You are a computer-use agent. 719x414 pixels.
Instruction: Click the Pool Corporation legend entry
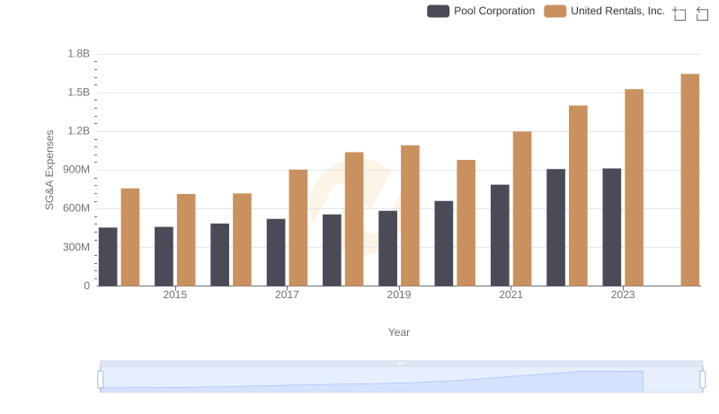point(481,12)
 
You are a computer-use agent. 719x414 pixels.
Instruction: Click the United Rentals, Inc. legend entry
point(605,12)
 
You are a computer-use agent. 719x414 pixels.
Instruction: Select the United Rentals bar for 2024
point(689,180)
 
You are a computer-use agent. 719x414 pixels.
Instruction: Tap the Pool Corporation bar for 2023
point(612,227)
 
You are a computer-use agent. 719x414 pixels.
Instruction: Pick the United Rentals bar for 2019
point(410,216)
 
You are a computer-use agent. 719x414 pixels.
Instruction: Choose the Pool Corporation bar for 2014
point(108,257)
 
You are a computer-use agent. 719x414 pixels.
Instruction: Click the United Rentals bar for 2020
point(466,223)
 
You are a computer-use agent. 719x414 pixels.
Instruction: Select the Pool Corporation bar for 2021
point(500,235)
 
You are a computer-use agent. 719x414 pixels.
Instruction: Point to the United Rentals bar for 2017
point(298,228)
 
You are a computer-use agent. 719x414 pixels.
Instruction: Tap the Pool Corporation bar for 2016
point(220,255)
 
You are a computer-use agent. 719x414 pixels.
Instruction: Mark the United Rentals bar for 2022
point(578,196)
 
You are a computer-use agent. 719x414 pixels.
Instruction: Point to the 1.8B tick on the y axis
point(79,54)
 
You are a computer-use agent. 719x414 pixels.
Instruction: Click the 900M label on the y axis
point(75,170)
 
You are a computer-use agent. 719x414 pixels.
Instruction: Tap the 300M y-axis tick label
point(75,247)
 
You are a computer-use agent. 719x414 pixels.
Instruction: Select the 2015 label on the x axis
point(175,295)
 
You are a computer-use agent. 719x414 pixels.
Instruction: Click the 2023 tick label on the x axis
point(623,295)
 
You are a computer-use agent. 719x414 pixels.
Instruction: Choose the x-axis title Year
point(399,332)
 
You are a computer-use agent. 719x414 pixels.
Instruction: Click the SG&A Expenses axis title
point(50,170)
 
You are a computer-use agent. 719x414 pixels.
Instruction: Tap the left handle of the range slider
point(101,380)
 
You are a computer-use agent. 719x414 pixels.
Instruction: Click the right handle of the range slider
point(702,380)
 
